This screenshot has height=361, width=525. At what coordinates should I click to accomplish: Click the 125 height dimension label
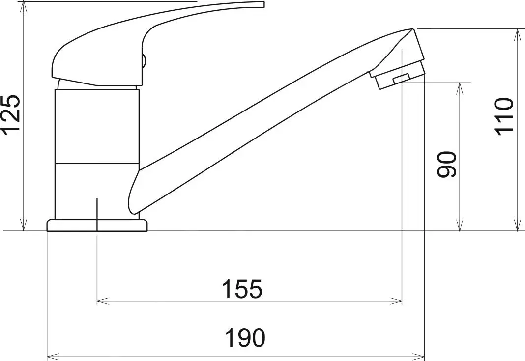[x=11, y=113]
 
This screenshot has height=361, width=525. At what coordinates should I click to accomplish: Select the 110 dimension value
[x=504, y=116]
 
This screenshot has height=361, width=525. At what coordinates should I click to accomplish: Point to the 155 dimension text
[x=242, y=289]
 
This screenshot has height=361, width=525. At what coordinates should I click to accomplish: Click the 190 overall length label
[x=245, y=338]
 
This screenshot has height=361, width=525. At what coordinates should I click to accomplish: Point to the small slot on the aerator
[x=401, y=78]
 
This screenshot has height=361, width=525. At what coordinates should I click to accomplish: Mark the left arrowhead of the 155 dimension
[x=101, y=301]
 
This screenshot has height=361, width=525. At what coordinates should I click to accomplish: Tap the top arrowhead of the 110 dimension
[x=517, y=34]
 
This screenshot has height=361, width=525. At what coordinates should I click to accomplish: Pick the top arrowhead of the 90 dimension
[x=460, y=87]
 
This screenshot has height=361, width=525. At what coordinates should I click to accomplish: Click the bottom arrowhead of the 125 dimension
[x=23, y=225]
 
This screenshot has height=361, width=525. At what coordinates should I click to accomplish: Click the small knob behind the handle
[x=144, y=62]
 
